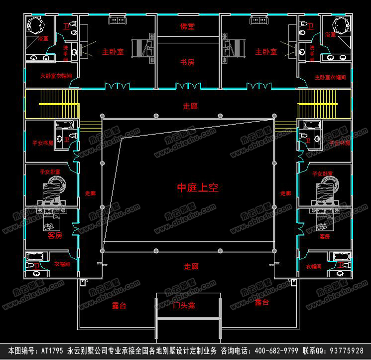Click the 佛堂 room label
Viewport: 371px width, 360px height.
187,25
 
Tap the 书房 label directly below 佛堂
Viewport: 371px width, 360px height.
187,62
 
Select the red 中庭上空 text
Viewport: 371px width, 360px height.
198,188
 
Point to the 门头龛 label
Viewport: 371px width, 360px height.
188,306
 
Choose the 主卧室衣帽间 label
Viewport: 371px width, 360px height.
330,77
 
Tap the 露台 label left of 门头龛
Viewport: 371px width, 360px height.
119,306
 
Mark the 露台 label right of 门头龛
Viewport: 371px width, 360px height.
261,303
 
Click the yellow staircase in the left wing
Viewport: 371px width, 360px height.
52,104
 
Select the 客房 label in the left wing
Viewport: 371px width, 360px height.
54,236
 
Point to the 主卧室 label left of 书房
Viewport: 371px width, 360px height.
113,51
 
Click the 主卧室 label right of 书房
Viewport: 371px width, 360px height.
266,51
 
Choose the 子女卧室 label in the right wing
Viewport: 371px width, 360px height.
322,174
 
